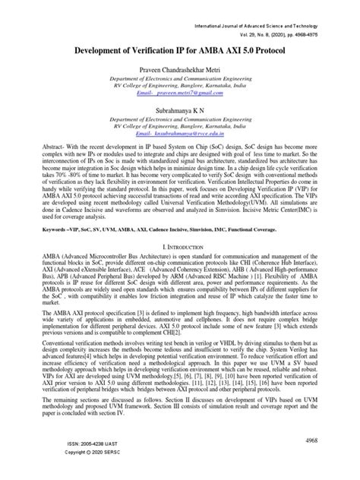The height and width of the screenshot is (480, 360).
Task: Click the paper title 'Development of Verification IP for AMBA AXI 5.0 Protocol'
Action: tap(181, 46)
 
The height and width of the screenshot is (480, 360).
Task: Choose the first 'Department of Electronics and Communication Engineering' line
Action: tap(181, 80)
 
